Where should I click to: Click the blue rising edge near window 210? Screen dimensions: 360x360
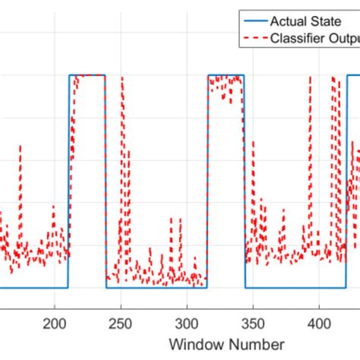(69, 182)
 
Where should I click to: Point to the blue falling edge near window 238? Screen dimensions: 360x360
(106, 182)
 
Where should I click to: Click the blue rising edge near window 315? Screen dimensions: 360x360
(207, 182)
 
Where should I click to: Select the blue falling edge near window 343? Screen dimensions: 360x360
(245, 182)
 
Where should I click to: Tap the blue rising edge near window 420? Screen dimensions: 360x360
(346, 182)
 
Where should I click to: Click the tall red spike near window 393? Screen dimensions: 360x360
(310, 78)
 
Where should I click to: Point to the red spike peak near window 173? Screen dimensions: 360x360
(21, 147)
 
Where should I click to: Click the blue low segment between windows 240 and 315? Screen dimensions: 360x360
(156, 288)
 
